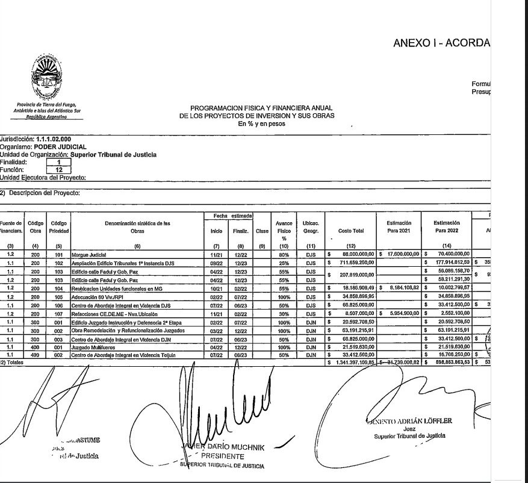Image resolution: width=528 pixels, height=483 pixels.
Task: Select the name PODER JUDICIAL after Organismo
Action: click(x=60, y=146)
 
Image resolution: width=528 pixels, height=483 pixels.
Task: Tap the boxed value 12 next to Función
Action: click(x=59, y=169)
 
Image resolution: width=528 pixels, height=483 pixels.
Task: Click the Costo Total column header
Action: click(x=351, y=230)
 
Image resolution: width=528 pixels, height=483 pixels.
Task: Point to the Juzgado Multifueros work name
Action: click(x=93, y=348)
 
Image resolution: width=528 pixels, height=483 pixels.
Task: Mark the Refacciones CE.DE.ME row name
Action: click(x=114, y=314)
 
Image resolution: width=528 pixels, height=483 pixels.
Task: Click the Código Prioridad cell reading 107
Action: click(x=58, y=314)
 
